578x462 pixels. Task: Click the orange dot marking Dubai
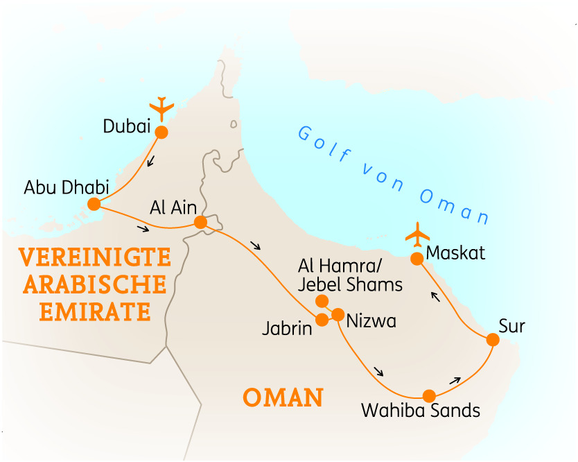[161, 132]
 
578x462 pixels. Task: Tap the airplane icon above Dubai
[161, 109]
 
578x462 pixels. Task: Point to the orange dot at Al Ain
[200, 222]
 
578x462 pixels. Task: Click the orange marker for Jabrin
[322, 320]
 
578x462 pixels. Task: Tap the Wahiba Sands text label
[421, 410]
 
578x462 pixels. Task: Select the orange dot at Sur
[492, 340]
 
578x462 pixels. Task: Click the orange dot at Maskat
[417, 259]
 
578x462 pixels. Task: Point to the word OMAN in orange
[283, 398]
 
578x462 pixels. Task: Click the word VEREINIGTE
[94, 257]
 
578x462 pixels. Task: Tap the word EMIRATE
[94, 311]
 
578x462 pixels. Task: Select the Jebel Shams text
[350, 284]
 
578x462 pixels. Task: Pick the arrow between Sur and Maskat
[435, 298]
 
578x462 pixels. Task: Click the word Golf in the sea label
[324, 142]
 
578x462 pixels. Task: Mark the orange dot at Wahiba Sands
[429, 395]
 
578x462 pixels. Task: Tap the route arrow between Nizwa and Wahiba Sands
[378, 371]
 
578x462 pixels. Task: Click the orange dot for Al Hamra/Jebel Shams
[322, 300]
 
